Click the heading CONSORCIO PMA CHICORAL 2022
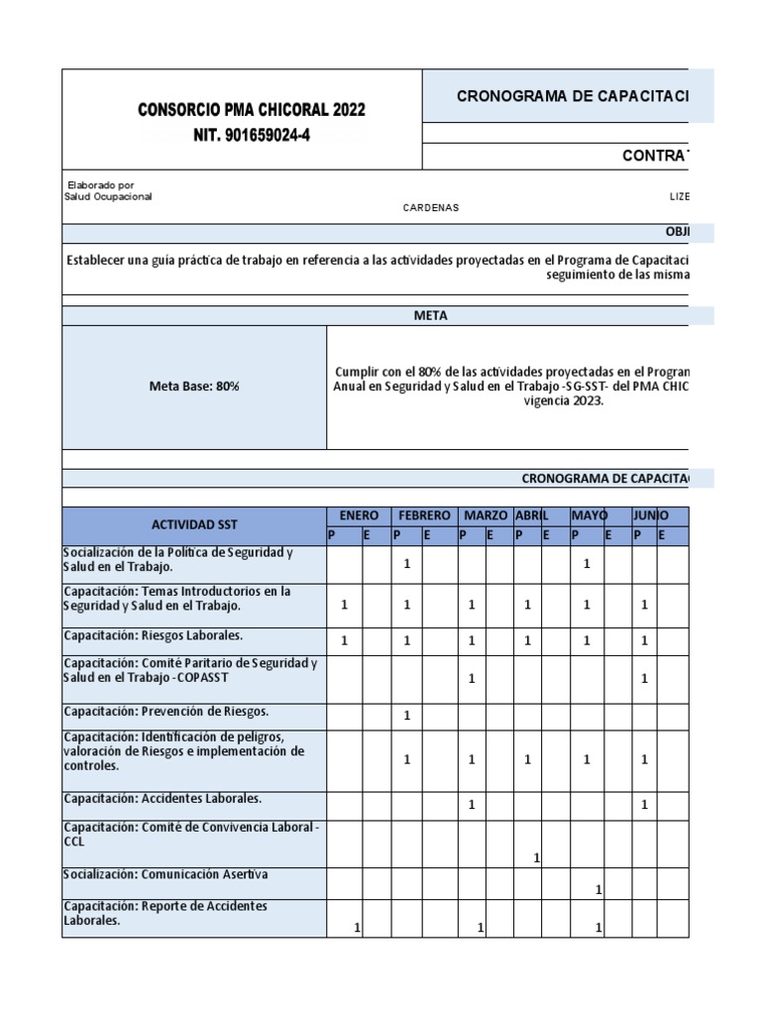click(x=251, y=109)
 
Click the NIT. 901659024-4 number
click(x=251, y=136)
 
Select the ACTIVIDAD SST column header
click(x=194, y=524)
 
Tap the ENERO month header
click(x=359, y=515)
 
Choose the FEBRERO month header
click(x=424, y=515)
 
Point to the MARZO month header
click(x=486, y=515)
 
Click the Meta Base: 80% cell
click(x=194, y=387)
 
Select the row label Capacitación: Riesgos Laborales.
click(x=154, y=635)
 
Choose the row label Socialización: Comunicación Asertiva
click(x=165, y=874)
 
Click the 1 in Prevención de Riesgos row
click(x=407, y=716)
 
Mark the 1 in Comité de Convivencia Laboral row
click(x=536, y=857)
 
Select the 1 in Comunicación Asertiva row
click(x=598, y=890)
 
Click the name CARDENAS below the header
click(x=430, y=207)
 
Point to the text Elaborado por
click(x=100, y=185)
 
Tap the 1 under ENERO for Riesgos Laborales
click(x=345, y=641)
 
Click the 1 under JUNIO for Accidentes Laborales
click(x=644, y=805)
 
